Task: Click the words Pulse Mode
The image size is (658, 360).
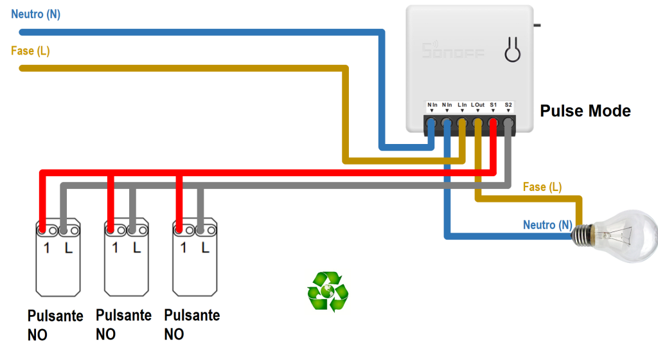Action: [585, 111]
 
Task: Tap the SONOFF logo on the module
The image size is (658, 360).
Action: [453, 51]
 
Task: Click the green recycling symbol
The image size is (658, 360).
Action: [328, 291]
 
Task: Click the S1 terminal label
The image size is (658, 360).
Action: [493, 104]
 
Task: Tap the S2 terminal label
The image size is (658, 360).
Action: [508, 104]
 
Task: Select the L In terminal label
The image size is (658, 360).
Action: [462, 104]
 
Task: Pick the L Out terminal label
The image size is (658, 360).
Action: [477, 104]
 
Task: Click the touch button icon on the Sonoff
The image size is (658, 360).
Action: [512, 50]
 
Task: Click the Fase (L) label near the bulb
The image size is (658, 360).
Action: [542, 187]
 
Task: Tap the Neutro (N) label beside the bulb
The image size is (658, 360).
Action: [547, 224]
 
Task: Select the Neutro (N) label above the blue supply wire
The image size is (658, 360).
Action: [35, 14]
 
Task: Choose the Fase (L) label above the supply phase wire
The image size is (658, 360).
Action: [30, 50]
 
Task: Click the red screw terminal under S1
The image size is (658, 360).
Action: [493, 122]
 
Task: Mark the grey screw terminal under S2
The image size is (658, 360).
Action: [508, 122]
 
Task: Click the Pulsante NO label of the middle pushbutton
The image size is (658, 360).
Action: [123, 325]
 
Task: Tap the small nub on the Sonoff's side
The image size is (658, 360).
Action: [537, 25]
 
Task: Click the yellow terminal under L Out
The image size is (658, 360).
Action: [477, 122]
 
